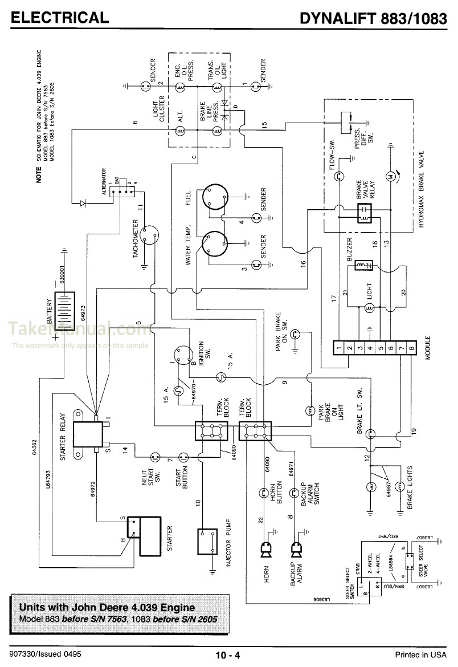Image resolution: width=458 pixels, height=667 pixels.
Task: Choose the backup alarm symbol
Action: (296, 549)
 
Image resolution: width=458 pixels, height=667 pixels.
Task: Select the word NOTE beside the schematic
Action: (40, 173)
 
